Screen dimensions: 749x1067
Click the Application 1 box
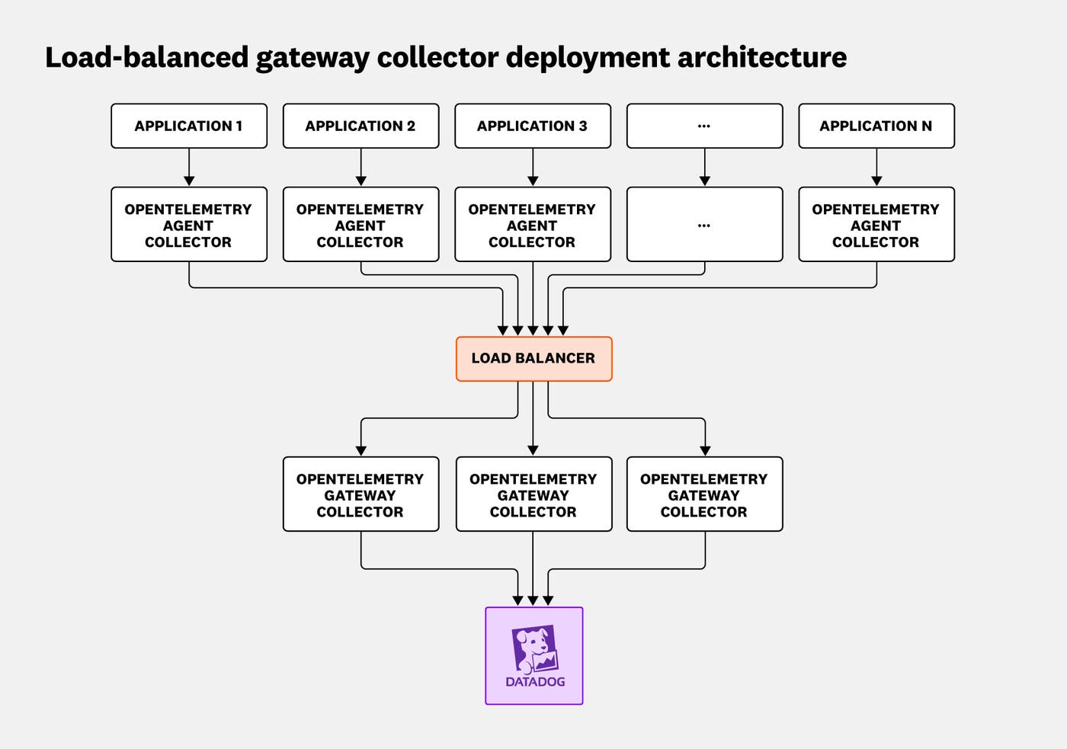point(189,126)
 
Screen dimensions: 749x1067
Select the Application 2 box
point(360,126)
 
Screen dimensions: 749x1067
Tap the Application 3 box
point(532,126)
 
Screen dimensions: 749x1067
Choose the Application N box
point(876,126)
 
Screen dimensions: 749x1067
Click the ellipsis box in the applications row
point(704,126)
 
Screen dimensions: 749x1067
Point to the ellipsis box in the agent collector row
point(704,225)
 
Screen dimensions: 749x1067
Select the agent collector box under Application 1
point(189,225)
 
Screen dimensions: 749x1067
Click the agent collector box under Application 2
point(360,225)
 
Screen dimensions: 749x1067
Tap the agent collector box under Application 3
point(532,225)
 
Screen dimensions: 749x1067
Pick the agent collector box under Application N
point(876,225)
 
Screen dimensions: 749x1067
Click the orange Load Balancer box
point(533,358)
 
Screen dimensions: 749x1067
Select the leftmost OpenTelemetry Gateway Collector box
point(360,495)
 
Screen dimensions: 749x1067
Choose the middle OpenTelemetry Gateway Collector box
point(533,495)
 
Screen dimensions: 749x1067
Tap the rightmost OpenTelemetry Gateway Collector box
point(704,495)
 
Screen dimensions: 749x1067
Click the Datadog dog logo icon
point(535,648)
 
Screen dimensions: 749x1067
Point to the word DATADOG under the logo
point(535,682)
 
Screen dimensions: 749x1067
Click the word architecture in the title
point(761,58)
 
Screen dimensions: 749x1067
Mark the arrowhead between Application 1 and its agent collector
point(189,181)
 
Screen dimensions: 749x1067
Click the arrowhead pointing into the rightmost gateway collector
point(705,450)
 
